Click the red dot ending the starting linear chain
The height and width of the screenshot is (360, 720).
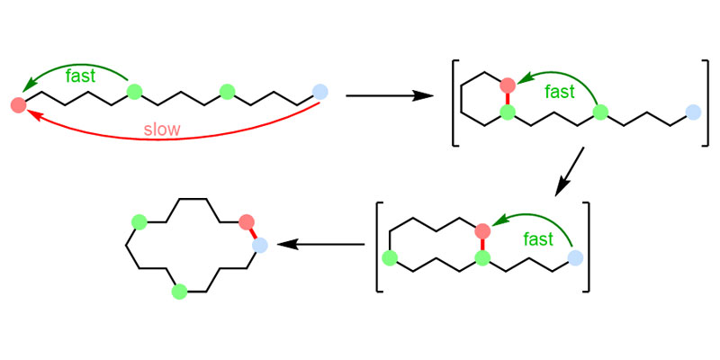(x=18, y=104)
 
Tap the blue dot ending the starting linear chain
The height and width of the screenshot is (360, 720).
(x=320, y=91)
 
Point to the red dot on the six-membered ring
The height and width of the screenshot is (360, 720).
(x=508, y=86)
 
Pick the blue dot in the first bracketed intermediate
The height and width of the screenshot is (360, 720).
(x=693, y=112)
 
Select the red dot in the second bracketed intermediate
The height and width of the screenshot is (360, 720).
(x=482, y=230)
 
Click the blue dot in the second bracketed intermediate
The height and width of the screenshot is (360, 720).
(x=575, y=259)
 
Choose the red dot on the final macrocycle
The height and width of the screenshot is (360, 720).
(x=247, y=221)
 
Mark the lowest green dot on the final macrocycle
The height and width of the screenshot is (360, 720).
(x=179, y=290)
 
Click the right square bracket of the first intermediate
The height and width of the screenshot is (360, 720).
(x=706, y=103)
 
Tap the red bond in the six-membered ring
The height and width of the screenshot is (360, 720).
(x=508, y=99)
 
